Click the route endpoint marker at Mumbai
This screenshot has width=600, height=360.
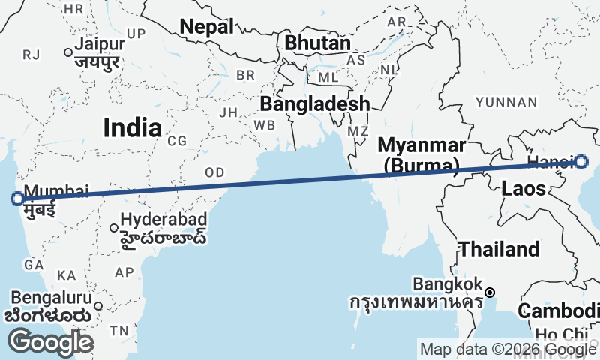tap(17, 199)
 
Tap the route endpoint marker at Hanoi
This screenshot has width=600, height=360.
tap(581, 160)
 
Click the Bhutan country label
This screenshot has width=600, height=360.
tap(317, 43)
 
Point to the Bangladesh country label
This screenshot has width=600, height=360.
tap(315, 103)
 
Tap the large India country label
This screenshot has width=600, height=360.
tap(132, 127)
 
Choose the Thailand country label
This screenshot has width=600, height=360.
tap(499, 249)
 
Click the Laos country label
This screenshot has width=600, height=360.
tap(523, 187)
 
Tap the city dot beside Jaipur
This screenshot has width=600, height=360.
tap(68, 52)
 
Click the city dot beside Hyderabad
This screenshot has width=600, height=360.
tap(114, 228)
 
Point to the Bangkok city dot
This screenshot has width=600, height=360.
tap(489, 292)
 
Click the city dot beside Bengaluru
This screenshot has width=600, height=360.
tap(97, 305)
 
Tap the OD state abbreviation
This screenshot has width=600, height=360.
tap(215, 172)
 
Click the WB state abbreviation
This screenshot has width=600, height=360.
tap(265, 124)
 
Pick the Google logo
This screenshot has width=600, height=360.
tap(51, 343)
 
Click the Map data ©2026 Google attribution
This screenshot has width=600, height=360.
tap(507, 349)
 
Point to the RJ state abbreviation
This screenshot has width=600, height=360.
tap(31, 54)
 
